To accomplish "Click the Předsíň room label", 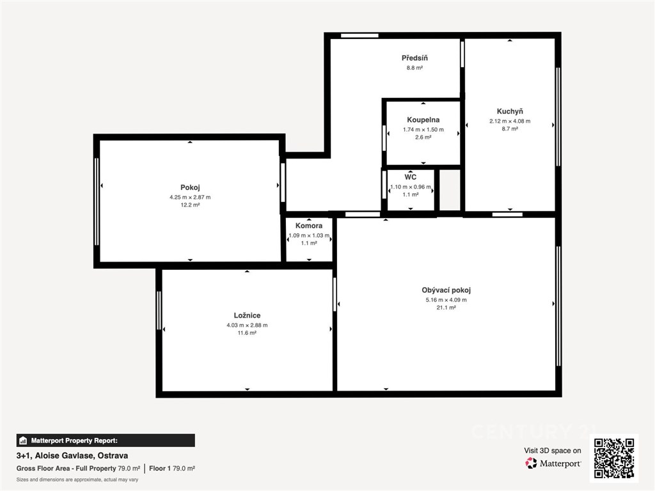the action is click(x=414, y=58).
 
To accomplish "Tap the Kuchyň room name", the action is click(x=510, y=111).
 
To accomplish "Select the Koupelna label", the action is click(x=423, y=120).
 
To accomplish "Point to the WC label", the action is click(x=410, y=177).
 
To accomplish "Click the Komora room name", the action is click(x=309, y=226).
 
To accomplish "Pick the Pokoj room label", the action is click(x=190, y=187).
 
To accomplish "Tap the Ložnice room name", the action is click(x=247, y=316).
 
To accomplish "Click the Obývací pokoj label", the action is click(x=446, y=290).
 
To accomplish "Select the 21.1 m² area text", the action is click(x=446, y=308).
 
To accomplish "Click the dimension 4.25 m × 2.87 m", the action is click(x=190, y=197).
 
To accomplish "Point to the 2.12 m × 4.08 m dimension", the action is click(x=510, y=121).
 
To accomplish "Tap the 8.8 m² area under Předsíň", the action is click(x=414, y=68).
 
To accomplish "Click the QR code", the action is click(x=613, y=458).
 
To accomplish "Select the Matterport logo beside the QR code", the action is click(x=553, y=463).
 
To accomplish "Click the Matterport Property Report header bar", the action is click(x=106, y=440).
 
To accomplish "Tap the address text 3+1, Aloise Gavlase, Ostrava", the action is click(x=72, y=455).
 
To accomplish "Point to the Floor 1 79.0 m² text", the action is click(x=172, y=469).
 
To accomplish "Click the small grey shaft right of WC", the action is click(x=450, y=190).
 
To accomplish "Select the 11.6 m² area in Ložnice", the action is click(x=247, y=333).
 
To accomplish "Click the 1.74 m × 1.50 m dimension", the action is click(x=423, y=129).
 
